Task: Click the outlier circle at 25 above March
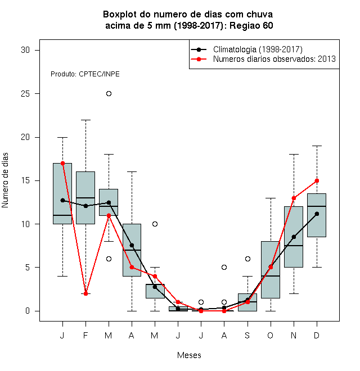point(109,94)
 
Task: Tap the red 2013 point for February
point(85,293)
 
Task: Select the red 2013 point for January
point(63,163)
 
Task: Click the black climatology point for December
point(317,214)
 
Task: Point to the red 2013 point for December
point(317,181)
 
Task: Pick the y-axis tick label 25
point(25,94)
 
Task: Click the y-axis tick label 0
point(28,311)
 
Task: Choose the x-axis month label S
point(247,335)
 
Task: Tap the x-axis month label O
point(270,335)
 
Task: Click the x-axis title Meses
point(189,355)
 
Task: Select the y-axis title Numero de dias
point(5,180)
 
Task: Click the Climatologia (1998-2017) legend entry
point(246,49)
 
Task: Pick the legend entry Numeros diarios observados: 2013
point(263,59)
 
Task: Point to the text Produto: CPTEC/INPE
point(85,74)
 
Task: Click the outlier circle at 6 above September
point(247,259)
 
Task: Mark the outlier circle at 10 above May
point(155,224)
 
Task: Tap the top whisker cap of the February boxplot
point(85,120)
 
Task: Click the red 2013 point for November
point(294,198)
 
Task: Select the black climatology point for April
point(132,245)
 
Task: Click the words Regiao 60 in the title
point(251,25)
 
